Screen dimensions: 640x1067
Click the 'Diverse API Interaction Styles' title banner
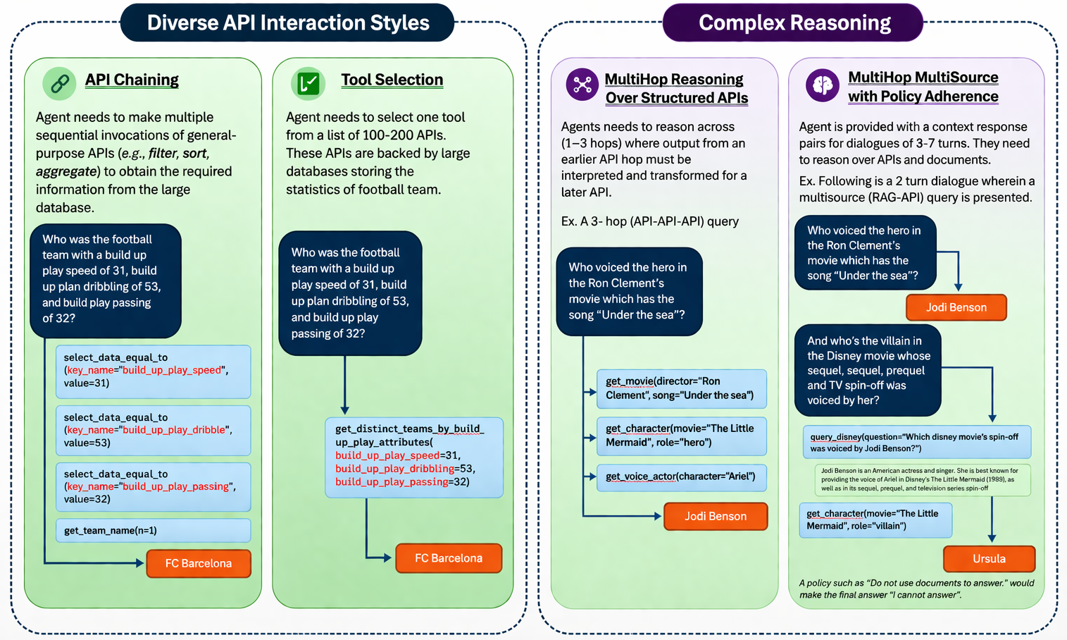pos(287,23)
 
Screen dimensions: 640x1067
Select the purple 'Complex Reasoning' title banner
pos(794,23)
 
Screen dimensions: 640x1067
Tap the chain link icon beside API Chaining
pos(59,83)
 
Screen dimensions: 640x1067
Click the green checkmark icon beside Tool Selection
pos(308,83)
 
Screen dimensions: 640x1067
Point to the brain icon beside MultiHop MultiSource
pos(822,85)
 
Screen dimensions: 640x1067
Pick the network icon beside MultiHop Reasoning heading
pos(582,85)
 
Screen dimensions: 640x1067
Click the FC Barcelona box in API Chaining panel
pos(199,563)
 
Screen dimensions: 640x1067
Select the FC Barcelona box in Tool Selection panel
pos(449,558)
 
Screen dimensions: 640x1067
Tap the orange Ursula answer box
pos(989,558)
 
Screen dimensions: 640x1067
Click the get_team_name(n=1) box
pos(153,530)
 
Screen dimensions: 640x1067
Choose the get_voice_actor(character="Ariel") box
pos(681,477)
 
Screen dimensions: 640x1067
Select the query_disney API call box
pos(916,442)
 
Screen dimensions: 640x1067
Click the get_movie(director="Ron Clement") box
pos(681,388)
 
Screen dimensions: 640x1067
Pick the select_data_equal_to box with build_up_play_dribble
pos(153,430)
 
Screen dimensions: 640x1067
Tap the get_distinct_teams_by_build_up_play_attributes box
pos(414,457)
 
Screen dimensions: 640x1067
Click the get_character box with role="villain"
pos(875,519)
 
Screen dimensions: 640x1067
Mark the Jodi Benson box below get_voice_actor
pos(716,516)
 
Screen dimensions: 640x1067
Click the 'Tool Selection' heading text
pos(392,80)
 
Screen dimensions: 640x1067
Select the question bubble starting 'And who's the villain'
pos(868,370)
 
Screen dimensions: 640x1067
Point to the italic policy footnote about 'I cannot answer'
pos(916,589)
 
